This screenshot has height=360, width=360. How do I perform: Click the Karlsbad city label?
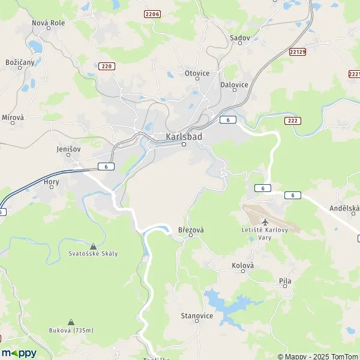coord(183,136)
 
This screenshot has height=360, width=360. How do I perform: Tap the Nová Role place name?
coord(49,22)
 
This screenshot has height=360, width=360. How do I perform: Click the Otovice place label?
coord(197,73)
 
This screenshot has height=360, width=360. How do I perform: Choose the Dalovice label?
coord(235,85)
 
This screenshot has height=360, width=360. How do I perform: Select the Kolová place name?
coord(243,265)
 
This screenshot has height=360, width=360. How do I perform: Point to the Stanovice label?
coord(197,315)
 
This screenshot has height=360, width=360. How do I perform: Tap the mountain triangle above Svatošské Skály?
coord(93,246)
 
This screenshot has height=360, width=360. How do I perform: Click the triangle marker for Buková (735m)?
coord(71,322)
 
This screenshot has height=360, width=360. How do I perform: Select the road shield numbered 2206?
coord(152,13)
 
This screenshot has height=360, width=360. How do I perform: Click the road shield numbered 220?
coord(106,66)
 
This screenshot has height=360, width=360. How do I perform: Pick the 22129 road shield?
coord(296,52)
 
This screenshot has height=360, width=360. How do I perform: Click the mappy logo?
coord(19,352)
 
